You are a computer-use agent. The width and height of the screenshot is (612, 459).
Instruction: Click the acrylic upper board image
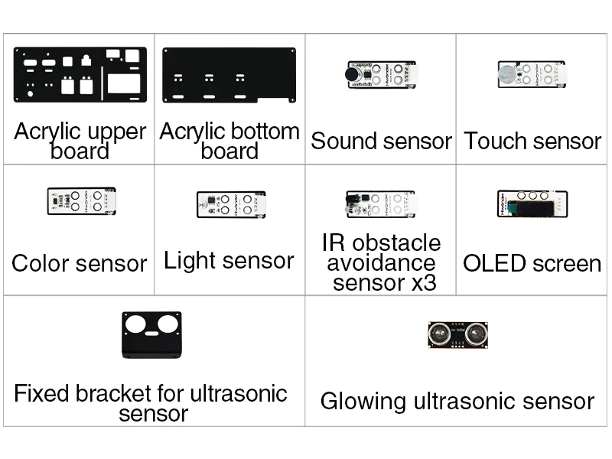point(80,74)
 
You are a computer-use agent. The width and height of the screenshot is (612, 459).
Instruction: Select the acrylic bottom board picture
point(229,75)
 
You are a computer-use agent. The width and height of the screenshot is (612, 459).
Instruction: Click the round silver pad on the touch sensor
point(507,73)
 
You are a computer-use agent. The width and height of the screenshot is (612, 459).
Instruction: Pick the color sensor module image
point(82,201)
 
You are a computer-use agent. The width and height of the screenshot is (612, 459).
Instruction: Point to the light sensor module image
point(232,204)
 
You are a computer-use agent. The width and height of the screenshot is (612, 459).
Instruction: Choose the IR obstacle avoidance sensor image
point(380,204)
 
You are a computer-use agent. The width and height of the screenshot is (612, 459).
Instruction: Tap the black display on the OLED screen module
point(531,207)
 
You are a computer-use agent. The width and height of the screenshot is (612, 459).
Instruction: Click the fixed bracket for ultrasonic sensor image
point(151,335)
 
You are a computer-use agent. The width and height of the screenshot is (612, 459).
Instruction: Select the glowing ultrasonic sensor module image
point(457,335)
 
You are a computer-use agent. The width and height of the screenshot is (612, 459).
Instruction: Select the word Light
point(185,261)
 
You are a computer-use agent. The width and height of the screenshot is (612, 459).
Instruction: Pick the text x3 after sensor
point(424,283)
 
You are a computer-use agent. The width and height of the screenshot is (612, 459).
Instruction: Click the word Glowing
point(363,402)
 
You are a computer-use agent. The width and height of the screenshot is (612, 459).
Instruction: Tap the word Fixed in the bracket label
point(42,393)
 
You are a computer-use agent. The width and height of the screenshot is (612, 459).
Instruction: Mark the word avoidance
point(381,262)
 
